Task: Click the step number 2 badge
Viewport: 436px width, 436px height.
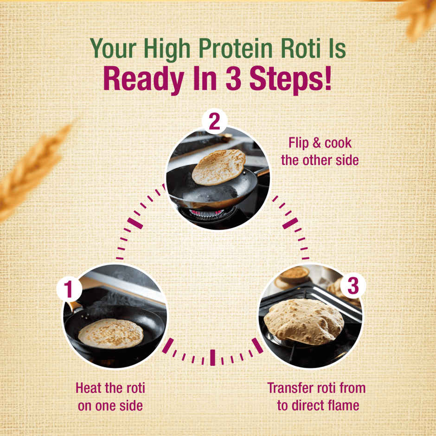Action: (214, 122)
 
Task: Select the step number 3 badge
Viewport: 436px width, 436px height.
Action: (353, 286)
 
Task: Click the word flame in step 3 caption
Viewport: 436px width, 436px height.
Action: (342, 405)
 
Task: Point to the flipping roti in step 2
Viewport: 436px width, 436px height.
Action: (218, 166)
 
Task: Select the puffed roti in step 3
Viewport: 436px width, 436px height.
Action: (303, 321)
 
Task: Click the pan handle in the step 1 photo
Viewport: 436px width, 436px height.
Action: (74, 307)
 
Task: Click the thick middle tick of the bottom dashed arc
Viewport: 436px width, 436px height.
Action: (212, 357)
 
